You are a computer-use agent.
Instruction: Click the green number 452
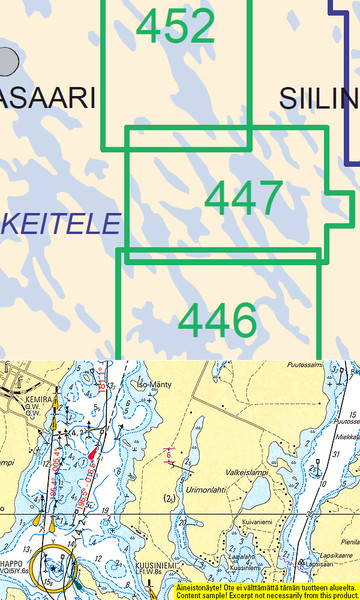pyautogui.click(x=176, y=27)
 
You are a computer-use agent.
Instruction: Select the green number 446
pyautogui.click(x=218, y=321)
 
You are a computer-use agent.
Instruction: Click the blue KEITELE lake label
pyautogui.click(x=60, y=223)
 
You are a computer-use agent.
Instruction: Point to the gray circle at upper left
pyautogui.click(x=8, y=62)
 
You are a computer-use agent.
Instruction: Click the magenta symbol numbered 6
pyautogui.click(x=169, y=455)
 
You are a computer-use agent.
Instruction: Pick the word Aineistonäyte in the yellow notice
pyautogui.click(x=200, y=588)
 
